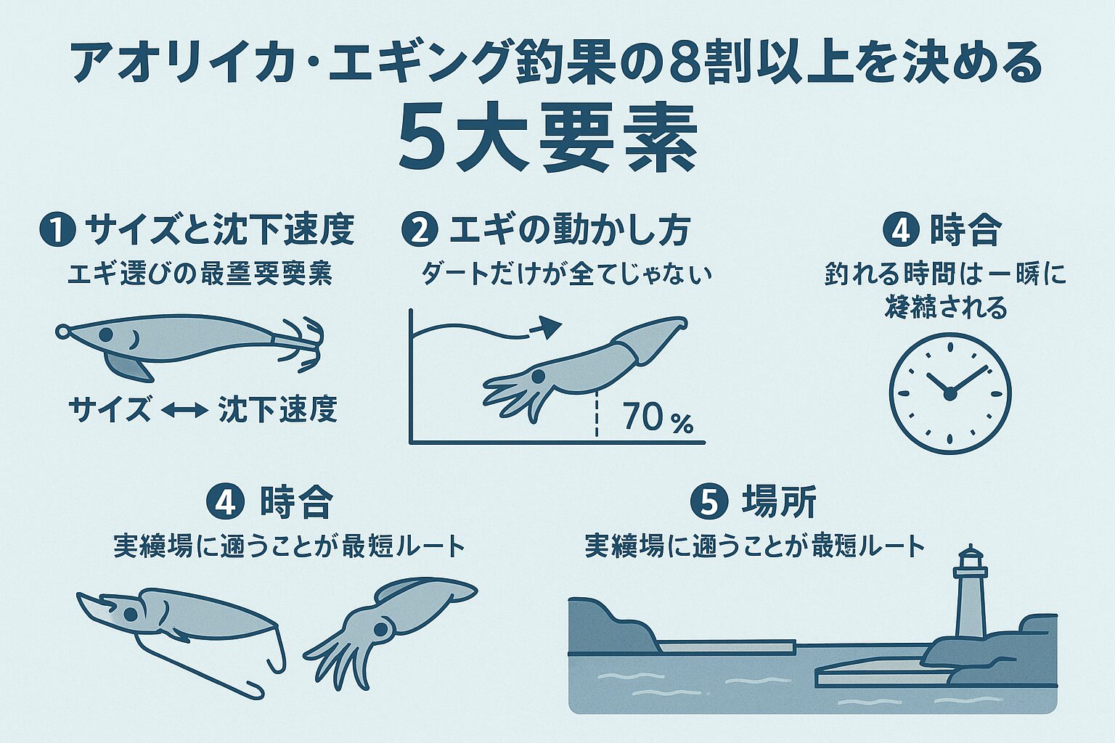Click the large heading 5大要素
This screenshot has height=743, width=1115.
pos(548,141)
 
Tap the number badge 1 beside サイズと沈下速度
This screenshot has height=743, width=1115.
pos(59,231)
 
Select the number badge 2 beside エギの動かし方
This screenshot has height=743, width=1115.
pos(420,231)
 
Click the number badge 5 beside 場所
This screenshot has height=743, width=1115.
pos(708,502)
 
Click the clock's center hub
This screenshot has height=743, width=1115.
pos(949,393)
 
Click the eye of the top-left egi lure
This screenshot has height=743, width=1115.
pos(105,334)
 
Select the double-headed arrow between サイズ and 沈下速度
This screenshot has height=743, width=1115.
pos(184,411)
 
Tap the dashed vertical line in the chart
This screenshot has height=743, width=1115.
pos(597,414)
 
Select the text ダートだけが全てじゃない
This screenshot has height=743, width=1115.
pos(566,274)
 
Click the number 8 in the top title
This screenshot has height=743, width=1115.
pos(688,64)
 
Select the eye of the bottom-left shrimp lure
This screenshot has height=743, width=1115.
pos(130,614)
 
